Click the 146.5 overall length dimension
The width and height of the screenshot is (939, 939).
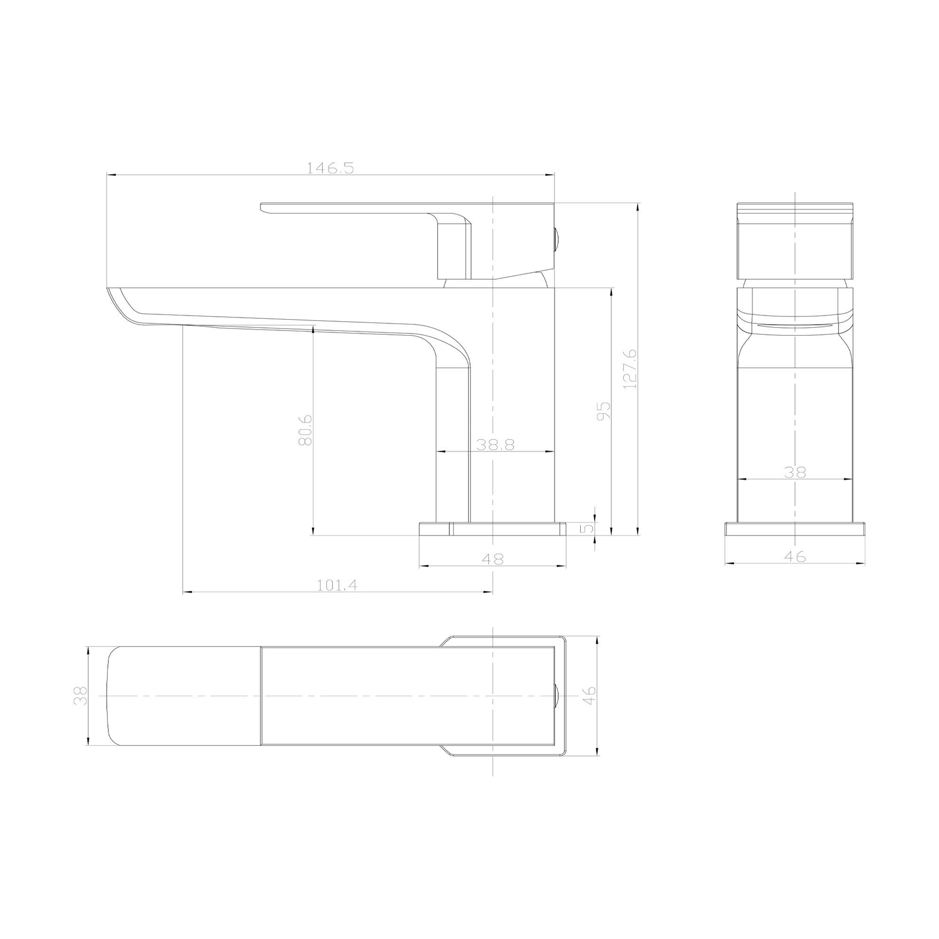[330, 168]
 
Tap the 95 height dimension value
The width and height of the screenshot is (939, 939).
[604, 411]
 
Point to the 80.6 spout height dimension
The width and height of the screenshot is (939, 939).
[305, 430]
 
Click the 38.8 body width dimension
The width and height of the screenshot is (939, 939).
[495, 445]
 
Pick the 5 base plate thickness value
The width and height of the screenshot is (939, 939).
[589, 527]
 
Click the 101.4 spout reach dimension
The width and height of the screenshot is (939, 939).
[337, 585]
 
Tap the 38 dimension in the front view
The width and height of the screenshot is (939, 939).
[795, 472]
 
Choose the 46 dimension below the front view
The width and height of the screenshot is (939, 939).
[795, 556]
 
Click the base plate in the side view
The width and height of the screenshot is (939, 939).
[493, 529]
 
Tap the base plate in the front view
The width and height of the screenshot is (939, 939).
[795, 529]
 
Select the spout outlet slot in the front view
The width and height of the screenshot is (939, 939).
[795, 324]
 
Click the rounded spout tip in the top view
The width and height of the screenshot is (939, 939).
[116, 695]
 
